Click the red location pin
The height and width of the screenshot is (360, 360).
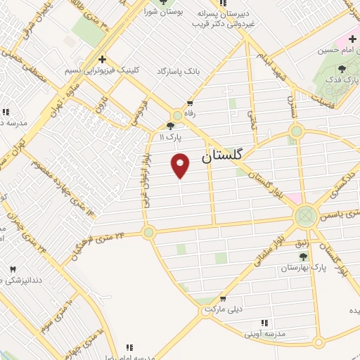tap(181, 165)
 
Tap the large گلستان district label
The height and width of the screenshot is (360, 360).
tap(226, 158)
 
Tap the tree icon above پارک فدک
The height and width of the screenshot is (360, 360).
tap(342, 69)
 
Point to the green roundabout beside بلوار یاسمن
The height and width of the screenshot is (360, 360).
tap(305, 215)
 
